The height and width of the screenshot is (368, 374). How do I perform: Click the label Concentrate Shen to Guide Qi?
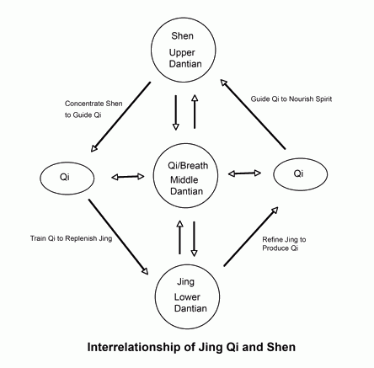[93, 109]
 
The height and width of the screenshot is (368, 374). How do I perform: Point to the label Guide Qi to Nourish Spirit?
[291, 99]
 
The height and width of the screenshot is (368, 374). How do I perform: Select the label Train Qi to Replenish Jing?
[71, 238]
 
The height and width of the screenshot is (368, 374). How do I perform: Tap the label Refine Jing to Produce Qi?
[284, 244]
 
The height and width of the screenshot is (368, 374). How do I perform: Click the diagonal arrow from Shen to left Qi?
[120, 117]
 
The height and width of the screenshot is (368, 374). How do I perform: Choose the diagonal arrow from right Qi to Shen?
[253, 114]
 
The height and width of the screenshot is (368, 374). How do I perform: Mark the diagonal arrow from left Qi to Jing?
[118, 237]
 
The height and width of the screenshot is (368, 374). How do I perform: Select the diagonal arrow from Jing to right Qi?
[251, 237]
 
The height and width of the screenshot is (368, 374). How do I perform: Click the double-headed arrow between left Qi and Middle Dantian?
[128, 177]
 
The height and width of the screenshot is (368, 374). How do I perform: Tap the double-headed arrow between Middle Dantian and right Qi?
[244, 173]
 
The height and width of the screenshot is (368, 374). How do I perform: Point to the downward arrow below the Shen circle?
[176, 113]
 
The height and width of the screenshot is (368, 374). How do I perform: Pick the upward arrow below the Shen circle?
[195, 111]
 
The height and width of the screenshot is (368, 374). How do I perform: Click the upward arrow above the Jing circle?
[179, 237]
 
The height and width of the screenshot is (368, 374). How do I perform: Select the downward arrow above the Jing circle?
[194, 239]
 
